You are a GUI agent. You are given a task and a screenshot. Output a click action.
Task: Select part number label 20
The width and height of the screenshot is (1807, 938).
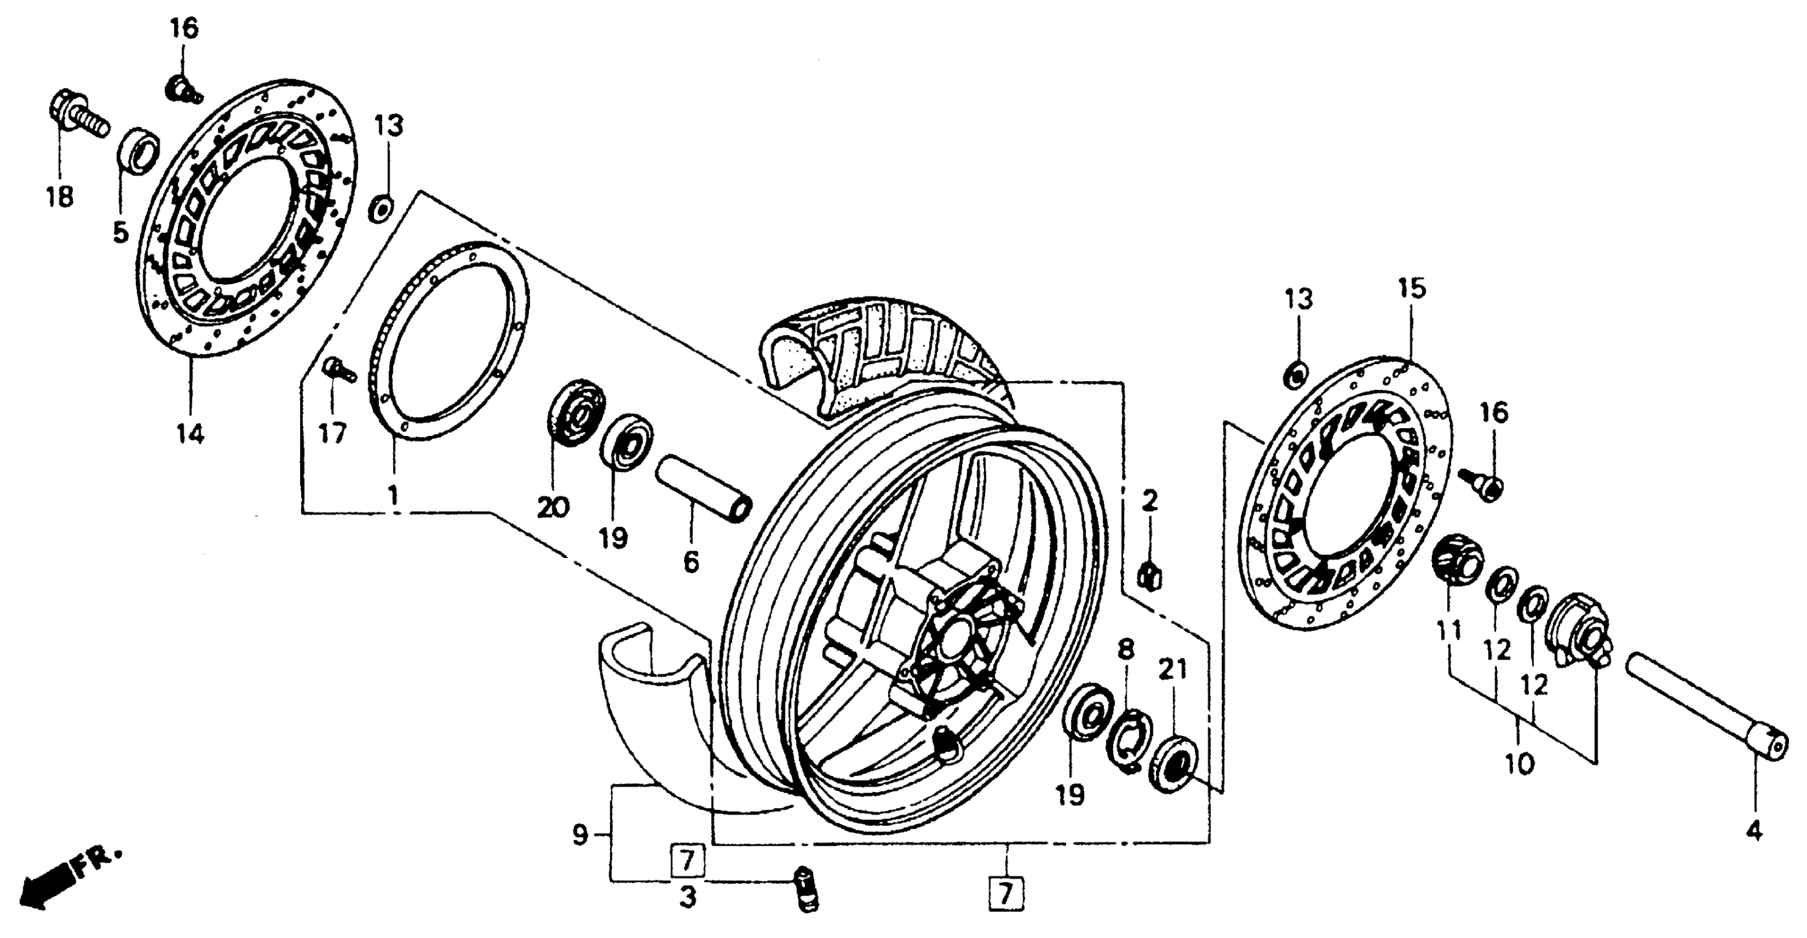tap(553, 507)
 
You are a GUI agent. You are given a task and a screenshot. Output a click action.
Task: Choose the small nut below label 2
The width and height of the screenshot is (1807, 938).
tap(1148, 577)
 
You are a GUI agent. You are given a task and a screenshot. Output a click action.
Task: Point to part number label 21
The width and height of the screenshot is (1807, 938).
tap(1172, 671)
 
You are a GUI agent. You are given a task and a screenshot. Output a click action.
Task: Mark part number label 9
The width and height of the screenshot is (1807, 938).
tap(579, 835)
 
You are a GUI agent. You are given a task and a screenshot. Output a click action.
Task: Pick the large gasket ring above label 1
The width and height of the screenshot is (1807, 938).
tap(449, 341)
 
